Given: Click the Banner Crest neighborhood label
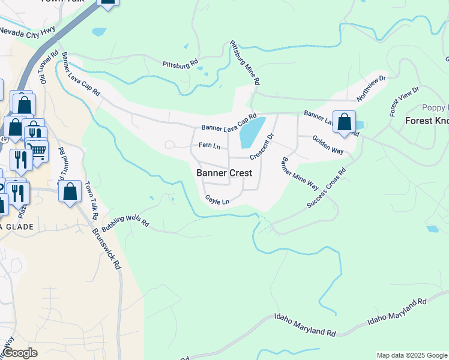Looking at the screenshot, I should [x=224, y=173].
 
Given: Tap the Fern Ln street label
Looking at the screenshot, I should [x=209, y=146].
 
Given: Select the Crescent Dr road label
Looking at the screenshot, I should [x=262, y=146].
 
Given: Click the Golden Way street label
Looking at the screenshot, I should [x=328, y=145].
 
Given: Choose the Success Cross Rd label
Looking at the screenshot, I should [x=327, y=188].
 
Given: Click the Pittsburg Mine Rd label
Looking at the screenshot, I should [x=246, y=62].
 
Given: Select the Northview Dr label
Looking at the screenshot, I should [x=372, y=88].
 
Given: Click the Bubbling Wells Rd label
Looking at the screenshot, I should [x=124, y=223].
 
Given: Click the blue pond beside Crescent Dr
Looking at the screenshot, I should [x=252, y=132].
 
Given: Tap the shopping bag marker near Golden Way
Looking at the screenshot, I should [x=344, y=122].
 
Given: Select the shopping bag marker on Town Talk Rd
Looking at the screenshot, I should [x=70, y=192].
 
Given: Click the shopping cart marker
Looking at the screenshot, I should [x=37, y=150].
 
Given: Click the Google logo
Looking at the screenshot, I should [x=19, y=353].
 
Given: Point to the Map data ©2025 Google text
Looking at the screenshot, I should [x=412, y=355].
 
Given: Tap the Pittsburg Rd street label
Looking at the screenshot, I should [x=180, y=62].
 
